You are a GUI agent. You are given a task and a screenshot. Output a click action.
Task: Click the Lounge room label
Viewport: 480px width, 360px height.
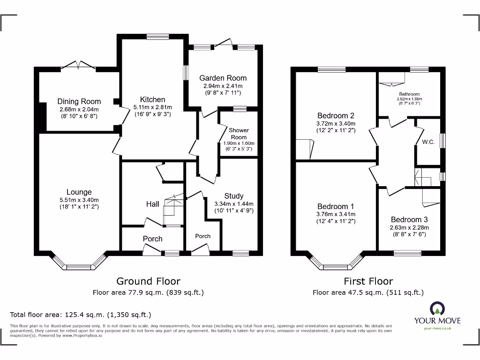click(x=79, y=192)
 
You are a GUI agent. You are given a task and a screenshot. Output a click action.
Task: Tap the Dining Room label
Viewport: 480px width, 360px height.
click(x=79, y=101)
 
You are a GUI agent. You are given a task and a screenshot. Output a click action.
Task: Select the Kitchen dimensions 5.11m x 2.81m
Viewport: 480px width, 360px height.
click(x=152, y=107)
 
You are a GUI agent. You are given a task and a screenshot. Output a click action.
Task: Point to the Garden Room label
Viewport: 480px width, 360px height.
click(x=223, y=78)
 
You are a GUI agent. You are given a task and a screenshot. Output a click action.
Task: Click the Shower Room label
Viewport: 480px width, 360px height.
click(x=239, y=134)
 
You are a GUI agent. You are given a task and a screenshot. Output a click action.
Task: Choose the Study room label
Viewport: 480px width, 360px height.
click(x=233, y=196)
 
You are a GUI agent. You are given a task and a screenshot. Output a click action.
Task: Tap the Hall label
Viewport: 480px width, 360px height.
click(x=152, y=204)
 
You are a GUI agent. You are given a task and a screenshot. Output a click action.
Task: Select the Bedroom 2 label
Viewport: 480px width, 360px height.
click(x=336, y=116)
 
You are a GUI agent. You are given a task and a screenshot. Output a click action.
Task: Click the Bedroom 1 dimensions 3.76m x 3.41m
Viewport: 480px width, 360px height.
click(x=336, y=214)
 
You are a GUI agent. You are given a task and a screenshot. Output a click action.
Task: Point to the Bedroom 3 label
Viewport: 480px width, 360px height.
click(x=409, y=219)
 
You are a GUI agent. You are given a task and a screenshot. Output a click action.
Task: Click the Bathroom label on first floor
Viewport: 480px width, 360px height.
click(x=409, y=94)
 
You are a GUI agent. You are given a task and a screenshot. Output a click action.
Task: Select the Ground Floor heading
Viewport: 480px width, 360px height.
click(x=148, y=281)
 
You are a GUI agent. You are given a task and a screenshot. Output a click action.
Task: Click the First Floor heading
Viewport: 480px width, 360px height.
click(x=368, y=281)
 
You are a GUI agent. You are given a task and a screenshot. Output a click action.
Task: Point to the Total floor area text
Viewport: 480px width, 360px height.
click(x=81, y=315)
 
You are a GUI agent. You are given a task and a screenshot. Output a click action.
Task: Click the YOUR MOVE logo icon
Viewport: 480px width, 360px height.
click(x=437, y=308)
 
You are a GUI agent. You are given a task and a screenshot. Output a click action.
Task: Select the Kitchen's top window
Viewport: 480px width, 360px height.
click(x=154, y=36)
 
